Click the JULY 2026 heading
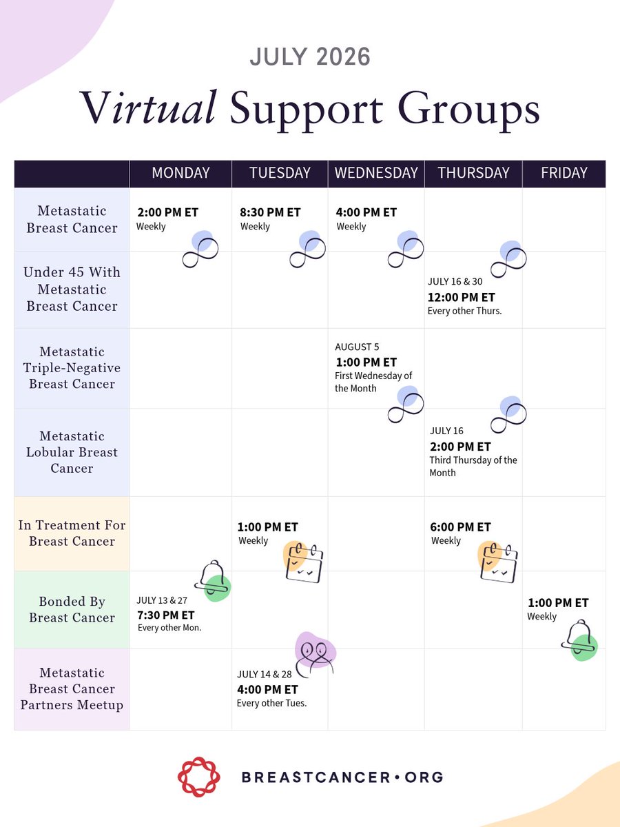coord(310,57)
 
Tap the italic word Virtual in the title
coord(148,108)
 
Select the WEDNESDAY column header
coord(376,173)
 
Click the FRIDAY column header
coord(564,173)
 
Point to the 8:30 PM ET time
coord(270,212)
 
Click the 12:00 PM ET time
coord(461,298)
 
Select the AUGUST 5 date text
coord(357,347)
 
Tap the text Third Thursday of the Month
coord(473,467)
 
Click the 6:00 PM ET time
coord(460,527)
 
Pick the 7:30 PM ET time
coord(165,615)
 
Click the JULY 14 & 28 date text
coord(265,674)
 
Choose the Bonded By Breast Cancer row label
coord(72,610)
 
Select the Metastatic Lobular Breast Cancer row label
coord(72,452)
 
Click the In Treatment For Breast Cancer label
coord(72,533)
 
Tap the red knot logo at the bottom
coord(199,777)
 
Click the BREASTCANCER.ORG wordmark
coord(342,777)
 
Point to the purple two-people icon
coord(316,655)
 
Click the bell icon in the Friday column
coord(579,640)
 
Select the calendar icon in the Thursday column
coord(498,562)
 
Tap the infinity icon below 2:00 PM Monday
coord(200,249)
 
